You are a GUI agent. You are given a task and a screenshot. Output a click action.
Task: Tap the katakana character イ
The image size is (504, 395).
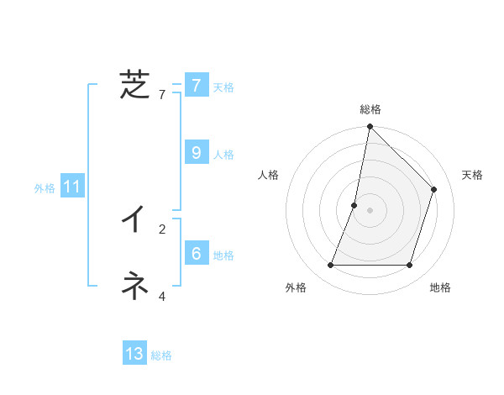point(134,219)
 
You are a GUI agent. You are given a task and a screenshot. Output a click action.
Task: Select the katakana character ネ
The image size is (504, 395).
point(134,286)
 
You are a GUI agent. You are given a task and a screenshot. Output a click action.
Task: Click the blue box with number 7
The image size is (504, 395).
point(196,85)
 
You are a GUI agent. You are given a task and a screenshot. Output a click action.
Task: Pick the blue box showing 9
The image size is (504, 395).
point(196,152)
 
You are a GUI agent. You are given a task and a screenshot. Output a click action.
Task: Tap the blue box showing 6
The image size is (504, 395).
point(196,253)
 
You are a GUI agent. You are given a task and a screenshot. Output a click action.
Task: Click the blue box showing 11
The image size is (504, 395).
point(71,187)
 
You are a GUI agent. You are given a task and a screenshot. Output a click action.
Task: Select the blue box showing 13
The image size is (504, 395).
point(134,354)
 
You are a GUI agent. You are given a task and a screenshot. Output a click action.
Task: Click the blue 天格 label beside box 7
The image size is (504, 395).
point(223,87)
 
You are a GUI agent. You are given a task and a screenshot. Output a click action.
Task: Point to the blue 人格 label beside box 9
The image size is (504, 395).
point(223,155)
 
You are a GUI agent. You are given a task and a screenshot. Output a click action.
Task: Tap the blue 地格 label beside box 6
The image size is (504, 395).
point(223,255)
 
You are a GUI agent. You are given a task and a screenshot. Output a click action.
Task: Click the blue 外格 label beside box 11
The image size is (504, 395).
point(45,189)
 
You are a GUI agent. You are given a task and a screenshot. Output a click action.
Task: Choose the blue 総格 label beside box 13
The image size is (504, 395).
point(161,356)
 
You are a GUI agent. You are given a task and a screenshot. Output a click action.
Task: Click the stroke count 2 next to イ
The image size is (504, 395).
point(162,229)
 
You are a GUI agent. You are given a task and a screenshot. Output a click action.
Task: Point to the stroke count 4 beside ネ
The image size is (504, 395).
point(162,296)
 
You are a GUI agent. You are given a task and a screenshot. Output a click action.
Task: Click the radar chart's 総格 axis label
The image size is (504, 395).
point(370,109)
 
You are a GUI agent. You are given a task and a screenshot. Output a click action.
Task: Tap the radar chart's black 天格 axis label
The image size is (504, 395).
point(472,175)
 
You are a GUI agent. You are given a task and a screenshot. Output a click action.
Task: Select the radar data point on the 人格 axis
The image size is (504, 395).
point(354,205)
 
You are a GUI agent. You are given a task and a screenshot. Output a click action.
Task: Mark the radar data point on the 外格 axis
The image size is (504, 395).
point(331,266)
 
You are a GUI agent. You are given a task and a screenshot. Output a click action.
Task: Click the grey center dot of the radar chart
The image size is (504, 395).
point(370,210)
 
